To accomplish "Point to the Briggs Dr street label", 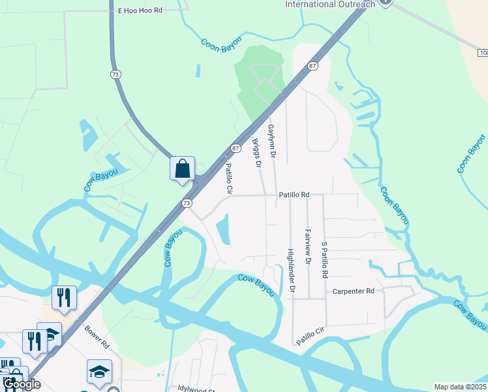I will pyautogui.click(x=256, y=154).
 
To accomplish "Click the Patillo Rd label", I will pyautogui.click(x=294, y=195).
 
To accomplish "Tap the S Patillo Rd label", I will pyautogui.click(x=324, y=260).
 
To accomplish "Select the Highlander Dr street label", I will pyautogui.click(x=291, y=270).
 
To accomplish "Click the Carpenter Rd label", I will pyautogui.click(x=353, y=291).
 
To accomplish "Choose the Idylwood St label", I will pyautogui.click(x=196, y=387).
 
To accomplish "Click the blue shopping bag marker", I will pyautogui.click(x=183, y=169).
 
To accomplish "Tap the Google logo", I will pyautogui.click(x=22, y=384).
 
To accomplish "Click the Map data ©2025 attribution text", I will pyautogui.click(x=460, y=387).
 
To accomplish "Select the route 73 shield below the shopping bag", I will pyautogui.click(x=187, y=203).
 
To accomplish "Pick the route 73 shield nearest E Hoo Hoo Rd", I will pyautogui.click(x=116, y=75).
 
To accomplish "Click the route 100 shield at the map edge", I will pyautogui.click(x=481, y=52).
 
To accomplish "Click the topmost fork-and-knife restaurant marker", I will pyautogui.click(x=64, y=297).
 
